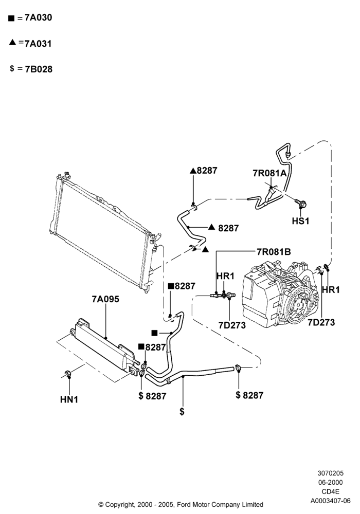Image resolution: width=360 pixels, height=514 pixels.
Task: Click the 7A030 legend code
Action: point(39,17)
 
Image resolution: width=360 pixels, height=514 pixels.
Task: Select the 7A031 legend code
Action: point(39,43)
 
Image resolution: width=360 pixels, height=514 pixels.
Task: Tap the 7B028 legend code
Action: point(39,69)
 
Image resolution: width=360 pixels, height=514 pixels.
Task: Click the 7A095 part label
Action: point(105,299)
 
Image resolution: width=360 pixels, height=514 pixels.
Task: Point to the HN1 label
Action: point(69,399)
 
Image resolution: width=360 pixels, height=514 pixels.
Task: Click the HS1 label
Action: point(301,221)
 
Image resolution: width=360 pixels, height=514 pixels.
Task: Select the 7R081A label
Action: point(269,173)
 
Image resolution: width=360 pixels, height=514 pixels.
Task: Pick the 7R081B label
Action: point(274,252)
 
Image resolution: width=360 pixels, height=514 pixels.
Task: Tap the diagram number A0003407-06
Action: point(331,501)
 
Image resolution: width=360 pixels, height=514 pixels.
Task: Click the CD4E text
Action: point(331,491)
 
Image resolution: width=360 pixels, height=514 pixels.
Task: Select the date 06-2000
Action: point(331,482)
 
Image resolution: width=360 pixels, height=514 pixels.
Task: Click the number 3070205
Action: point(331,473)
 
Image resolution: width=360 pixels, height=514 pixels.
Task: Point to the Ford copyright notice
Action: point(181,504)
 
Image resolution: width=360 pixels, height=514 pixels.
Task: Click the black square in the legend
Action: point(11,19)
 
